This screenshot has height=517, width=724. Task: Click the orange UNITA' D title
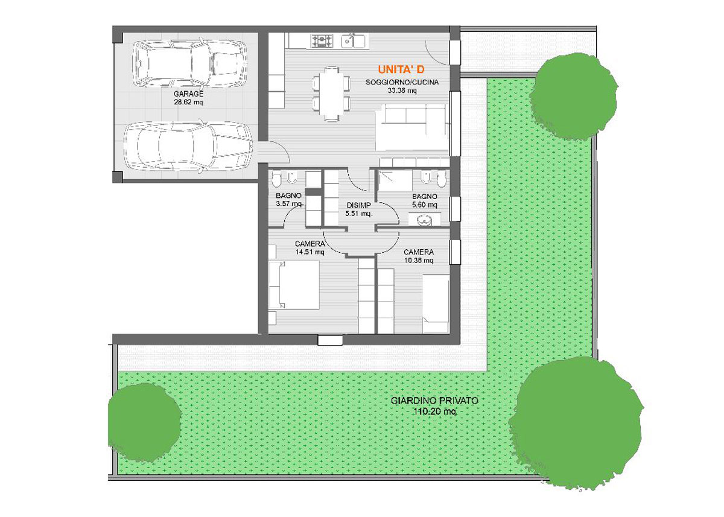click(401, 69)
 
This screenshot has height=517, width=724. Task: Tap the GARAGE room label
click(188, 94)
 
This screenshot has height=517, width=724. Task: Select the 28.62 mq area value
click(188, 103)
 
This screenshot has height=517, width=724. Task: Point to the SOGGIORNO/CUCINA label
click(402, 82)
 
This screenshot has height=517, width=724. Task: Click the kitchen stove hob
click(321, 40)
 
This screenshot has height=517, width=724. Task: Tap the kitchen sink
click(354, 41)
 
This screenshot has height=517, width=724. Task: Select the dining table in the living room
click(332, 94)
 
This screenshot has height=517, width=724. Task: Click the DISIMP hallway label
click(359, 205)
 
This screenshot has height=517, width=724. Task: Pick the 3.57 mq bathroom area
click(289, 204)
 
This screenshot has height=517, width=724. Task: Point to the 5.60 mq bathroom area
click(425, 205)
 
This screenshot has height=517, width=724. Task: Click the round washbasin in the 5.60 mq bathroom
click(424, 221)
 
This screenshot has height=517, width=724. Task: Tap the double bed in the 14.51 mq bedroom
click(294, 285)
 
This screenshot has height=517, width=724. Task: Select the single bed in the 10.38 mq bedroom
click(436, 303)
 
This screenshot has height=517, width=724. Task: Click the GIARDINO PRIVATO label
click(434, 401)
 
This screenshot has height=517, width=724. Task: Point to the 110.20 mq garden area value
click(435, 411)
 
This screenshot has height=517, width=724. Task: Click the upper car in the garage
click(190, 64)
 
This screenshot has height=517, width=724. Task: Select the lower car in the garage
click(188, 147)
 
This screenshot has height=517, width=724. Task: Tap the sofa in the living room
click(413, 127)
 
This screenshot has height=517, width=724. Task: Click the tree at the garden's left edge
click(144, 422)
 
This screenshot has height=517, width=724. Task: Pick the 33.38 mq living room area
click(402, 91)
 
